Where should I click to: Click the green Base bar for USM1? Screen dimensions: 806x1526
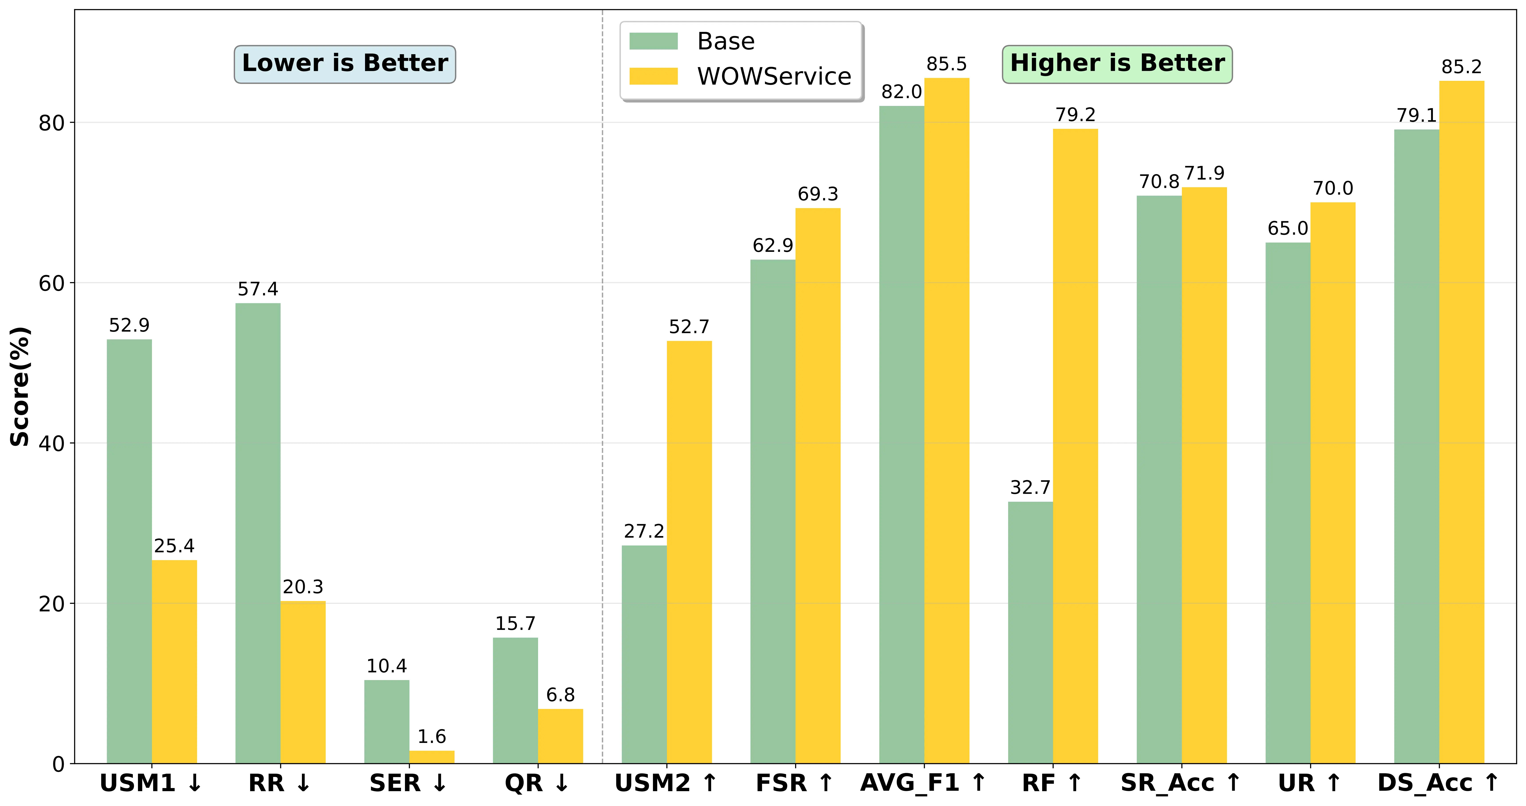129,551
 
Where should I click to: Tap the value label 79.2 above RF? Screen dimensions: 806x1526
1075,114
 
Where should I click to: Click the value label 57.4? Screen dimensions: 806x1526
258,289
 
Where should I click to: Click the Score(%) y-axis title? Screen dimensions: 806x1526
20,386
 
